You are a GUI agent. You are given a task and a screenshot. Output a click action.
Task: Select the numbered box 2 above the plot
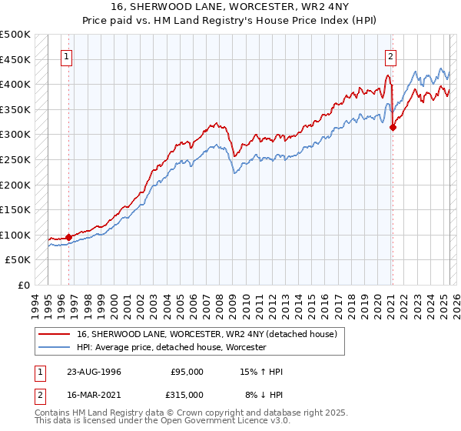point(391,55)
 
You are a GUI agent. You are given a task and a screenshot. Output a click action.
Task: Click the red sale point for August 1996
point(68,237)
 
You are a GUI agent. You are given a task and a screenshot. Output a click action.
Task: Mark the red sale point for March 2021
point(393,128)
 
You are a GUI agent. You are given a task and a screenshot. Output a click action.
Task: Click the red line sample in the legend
point(54,334)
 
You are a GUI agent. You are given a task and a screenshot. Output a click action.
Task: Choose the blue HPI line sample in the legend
point(54,347)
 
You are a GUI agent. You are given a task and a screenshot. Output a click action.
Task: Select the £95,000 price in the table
point(187,372)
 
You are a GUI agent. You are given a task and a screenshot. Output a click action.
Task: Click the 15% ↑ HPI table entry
point(261,372)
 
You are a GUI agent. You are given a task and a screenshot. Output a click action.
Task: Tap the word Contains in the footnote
point(52,413)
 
